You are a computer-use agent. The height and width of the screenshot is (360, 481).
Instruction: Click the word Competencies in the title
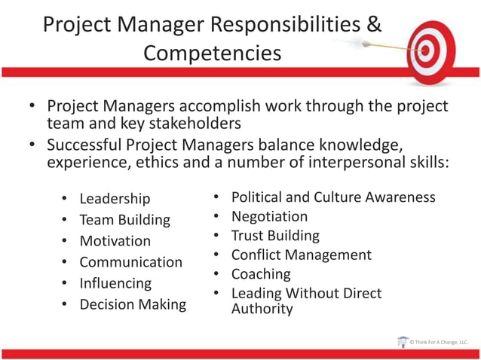(x=212, y=53)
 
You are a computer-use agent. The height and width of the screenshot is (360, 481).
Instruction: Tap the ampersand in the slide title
(x=373, y=24)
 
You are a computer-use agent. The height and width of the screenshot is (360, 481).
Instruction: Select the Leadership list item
(x=115, y=199)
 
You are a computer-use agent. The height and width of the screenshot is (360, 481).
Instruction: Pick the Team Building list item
(x=124, y=220)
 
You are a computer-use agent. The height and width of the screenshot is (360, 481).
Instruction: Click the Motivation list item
(x=115, y=241)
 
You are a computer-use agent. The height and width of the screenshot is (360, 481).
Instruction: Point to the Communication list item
(x=130, y=262)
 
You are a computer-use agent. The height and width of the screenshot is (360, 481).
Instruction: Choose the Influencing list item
(x=115, y=283)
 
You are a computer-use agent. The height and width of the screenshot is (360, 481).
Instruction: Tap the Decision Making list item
(x=133, y=304)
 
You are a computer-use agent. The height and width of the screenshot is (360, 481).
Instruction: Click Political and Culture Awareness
(x=333, y=197)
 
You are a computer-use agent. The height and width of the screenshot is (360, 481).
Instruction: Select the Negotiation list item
(x=269, y=217)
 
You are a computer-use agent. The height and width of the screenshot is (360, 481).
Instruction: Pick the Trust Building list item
(x=275, y=236)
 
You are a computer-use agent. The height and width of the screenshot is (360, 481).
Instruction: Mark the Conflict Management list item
(x=301, y=255)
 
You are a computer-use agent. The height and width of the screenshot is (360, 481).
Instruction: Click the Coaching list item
(x=261, y=274)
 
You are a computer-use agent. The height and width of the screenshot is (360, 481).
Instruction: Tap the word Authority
(x=262, y=309)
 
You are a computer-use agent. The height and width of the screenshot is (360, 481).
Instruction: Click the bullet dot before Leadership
(x=64, y=199)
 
